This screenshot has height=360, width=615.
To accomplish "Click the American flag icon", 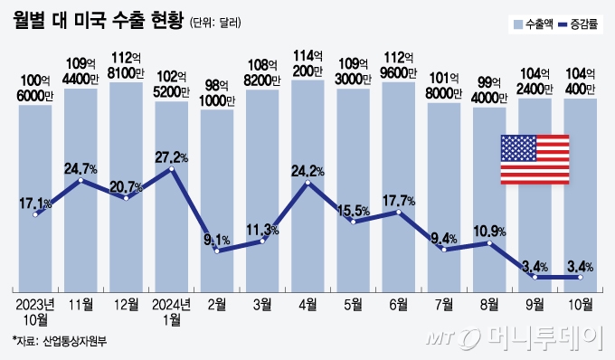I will (535, 161).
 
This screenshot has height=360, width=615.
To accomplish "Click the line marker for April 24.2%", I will (307, 184).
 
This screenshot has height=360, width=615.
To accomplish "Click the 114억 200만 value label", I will (307, 64).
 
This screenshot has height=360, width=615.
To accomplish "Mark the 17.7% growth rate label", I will (398, 200).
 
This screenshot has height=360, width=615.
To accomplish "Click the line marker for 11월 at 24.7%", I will (81, 181).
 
